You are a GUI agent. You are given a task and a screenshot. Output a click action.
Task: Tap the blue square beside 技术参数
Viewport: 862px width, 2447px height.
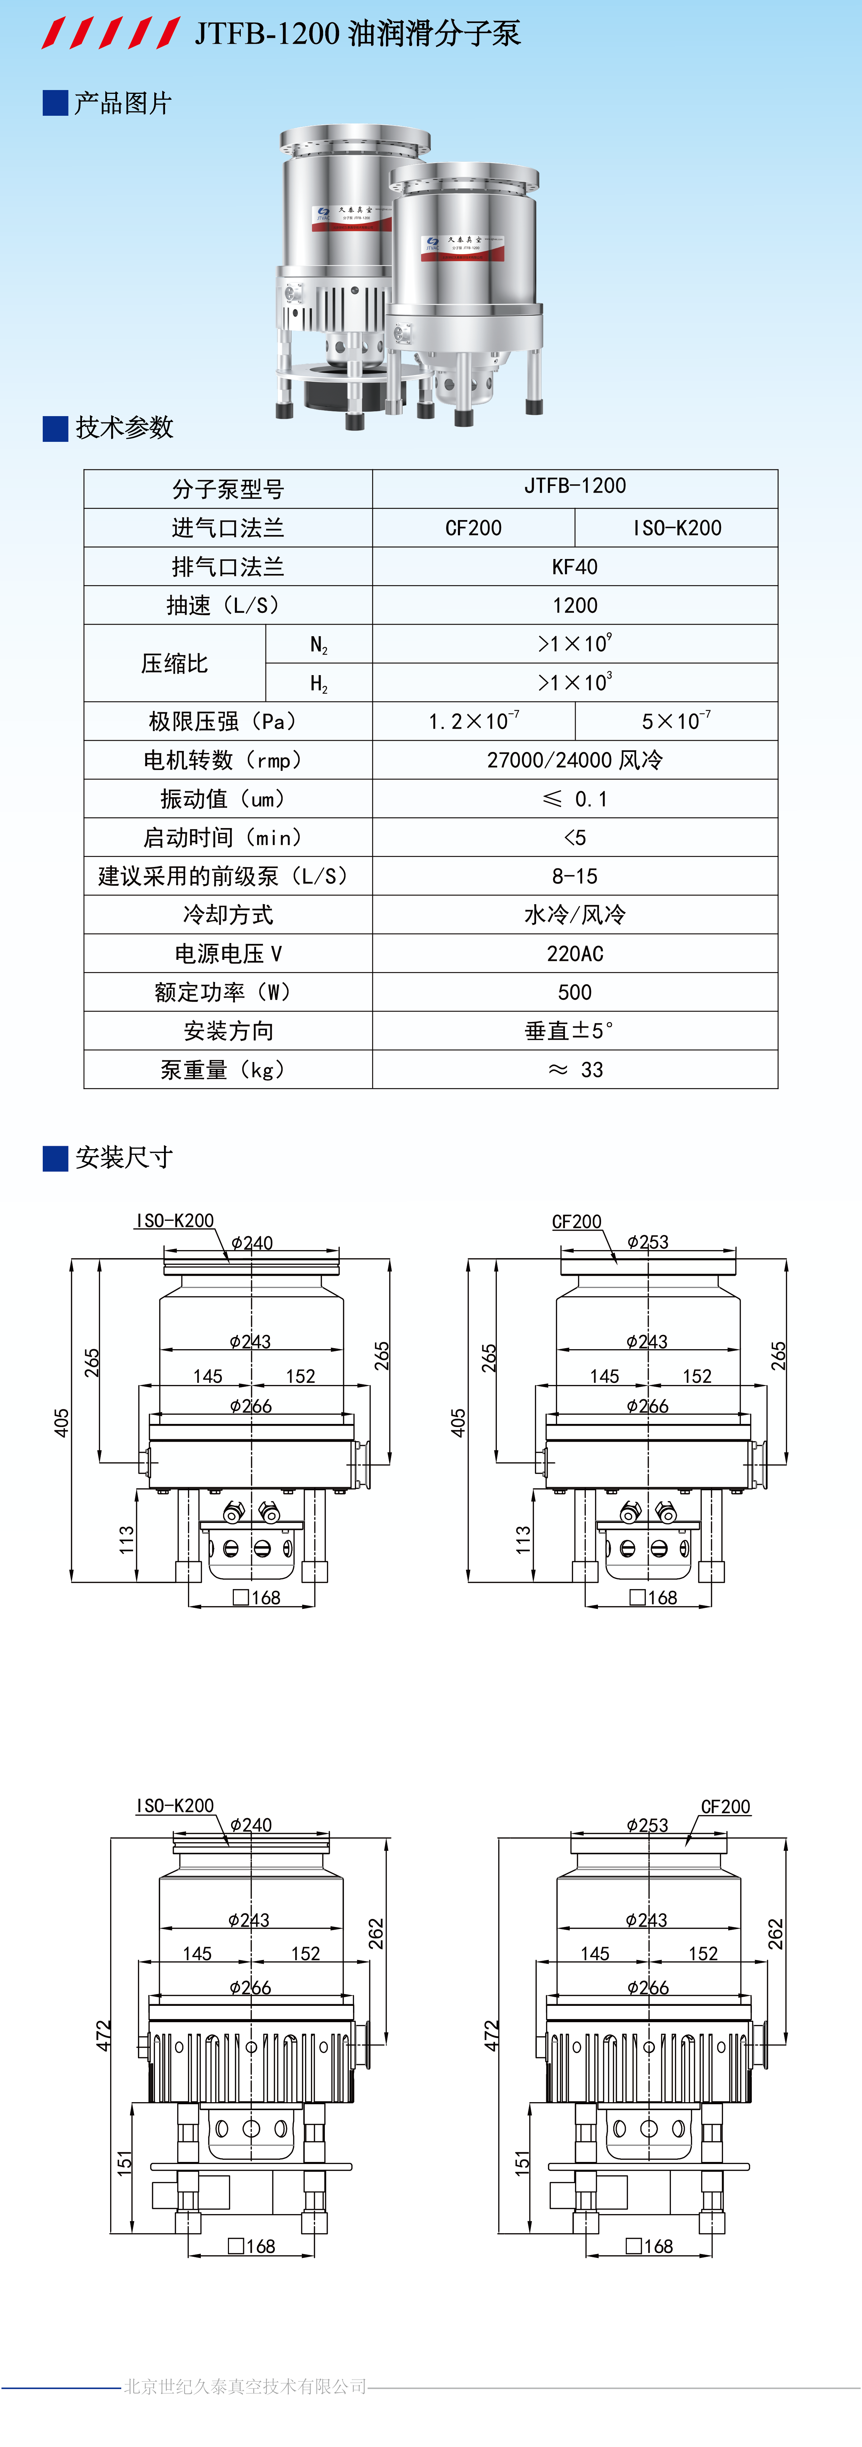pos(55,428)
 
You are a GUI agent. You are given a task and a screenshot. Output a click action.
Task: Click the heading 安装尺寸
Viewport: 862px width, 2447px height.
pos(123,1158)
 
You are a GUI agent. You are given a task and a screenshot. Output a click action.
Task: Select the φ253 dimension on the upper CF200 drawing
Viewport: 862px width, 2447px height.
pos(647,1242)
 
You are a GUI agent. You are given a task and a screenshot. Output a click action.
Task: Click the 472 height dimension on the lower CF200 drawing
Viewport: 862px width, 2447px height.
pos(491,2035)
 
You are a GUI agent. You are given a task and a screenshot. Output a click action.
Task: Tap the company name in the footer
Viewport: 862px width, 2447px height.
pos(245,2386)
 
